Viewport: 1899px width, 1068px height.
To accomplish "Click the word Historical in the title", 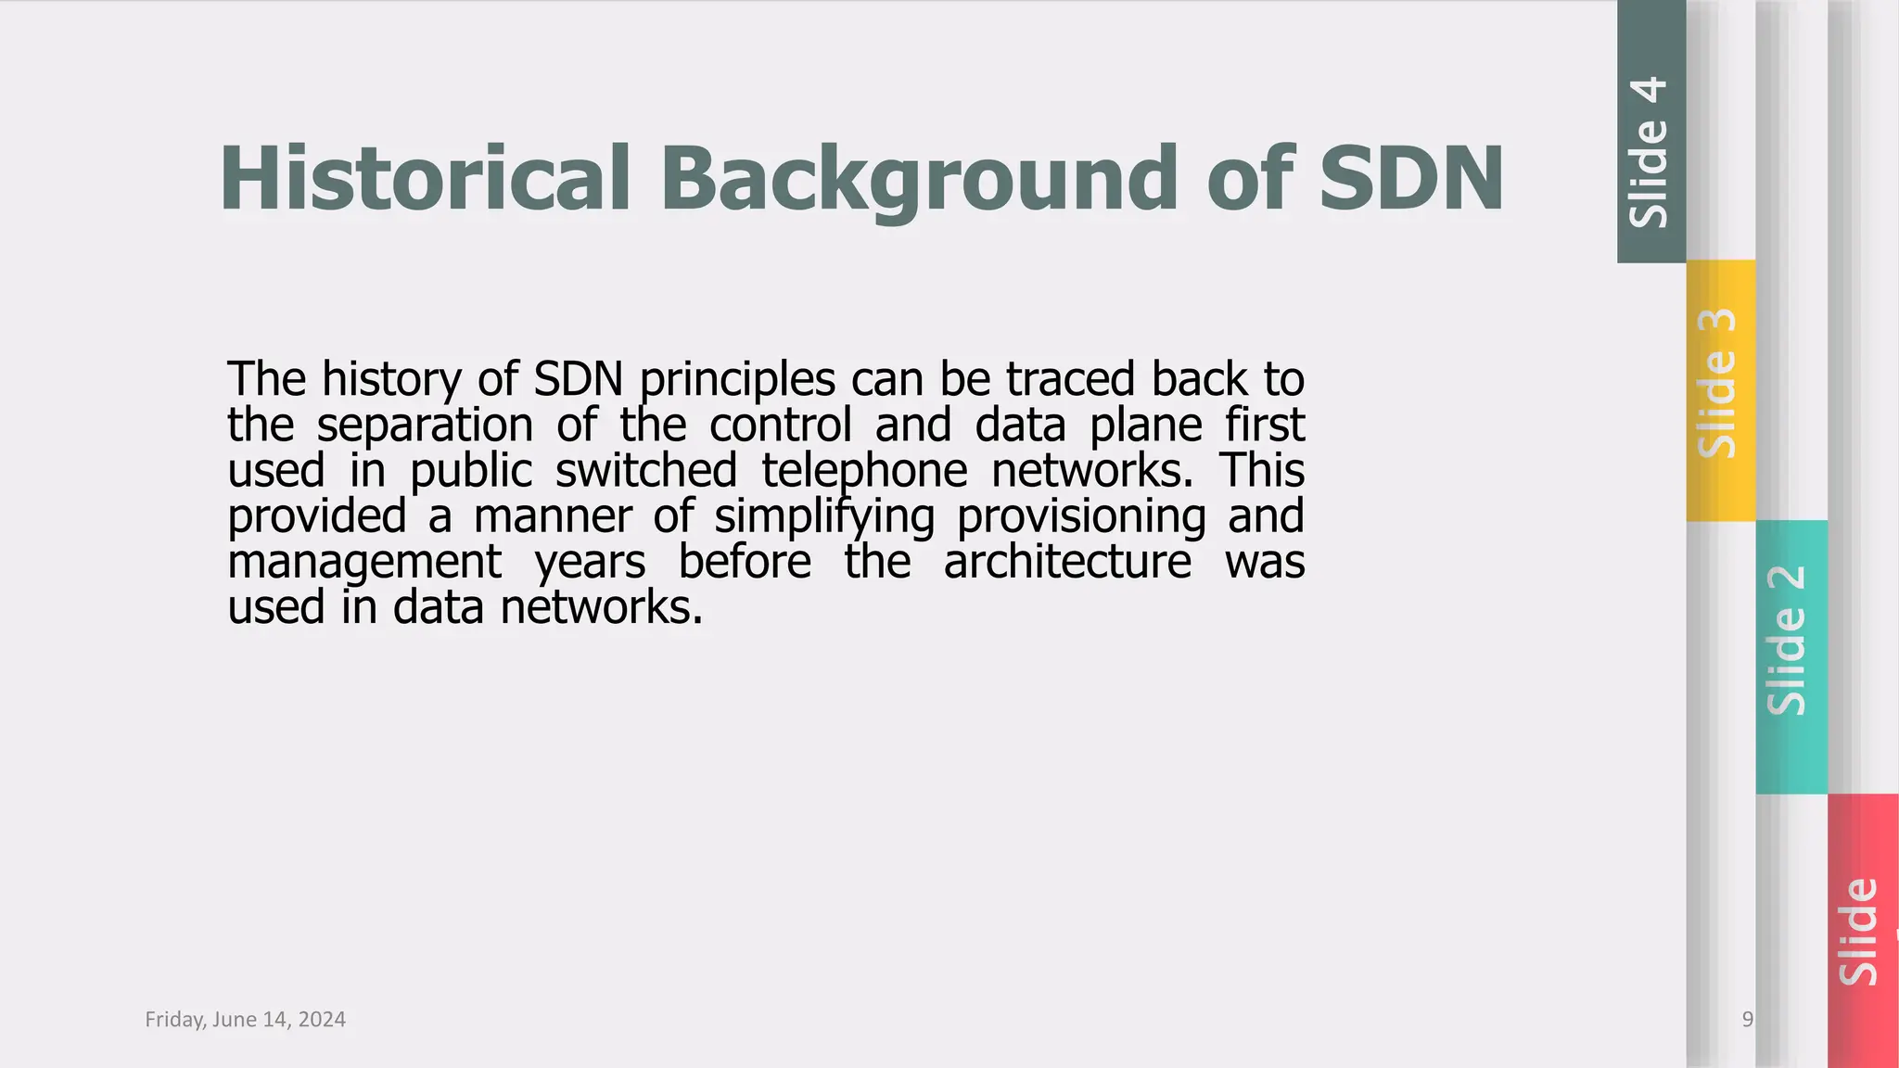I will click(425, 178).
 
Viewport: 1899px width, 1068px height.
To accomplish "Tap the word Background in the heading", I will click(918, 178).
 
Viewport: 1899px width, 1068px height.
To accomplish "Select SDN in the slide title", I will click(1410, 178).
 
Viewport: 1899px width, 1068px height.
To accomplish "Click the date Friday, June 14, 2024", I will click(246, 1020).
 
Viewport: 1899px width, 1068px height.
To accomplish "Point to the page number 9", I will click(1747, 1020).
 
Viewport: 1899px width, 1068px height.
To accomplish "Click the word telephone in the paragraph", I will click(864, 470).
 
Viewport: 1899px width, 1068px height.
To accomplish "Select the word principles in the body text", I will click(737, 380).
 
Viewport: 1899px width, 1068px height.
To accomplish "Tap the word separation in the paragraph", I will click(425, 426).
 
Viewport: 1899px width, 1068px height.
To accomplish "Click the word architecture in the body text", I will click(1067, 562).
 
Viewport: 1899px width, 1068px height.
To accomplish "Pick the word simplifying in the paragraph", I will click(823, 516).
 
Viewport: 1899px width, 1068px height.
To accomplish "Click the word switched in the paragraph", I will click(645, 470).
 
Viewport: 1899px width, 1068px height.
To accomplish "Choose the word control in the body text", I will click(780, 426).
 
